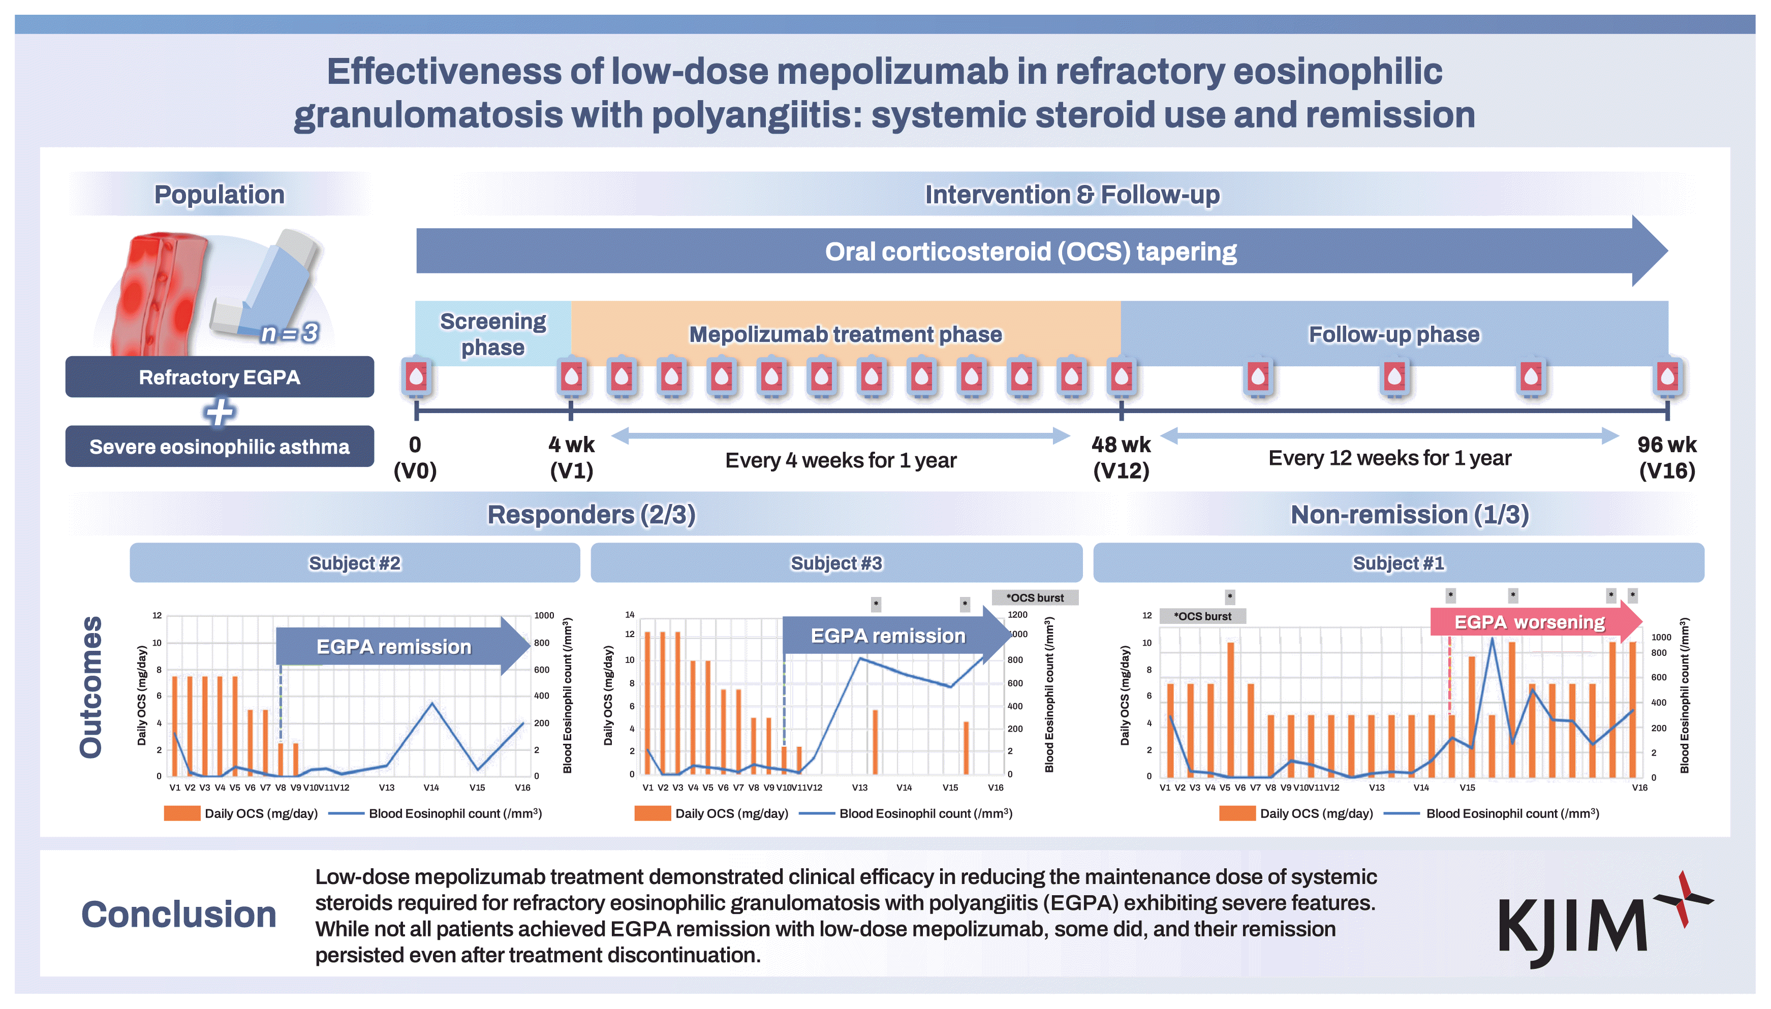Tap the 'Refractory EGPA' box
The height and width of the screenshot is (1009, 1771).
click(x=220, y=377)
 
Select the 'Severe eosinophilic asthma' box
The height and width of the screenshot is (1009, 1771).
click(x=220, y=446)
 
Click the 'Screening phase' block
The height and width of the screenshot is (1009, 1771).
click(x=493, y=333)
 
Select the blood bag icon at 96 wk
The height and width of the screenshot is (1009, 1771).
click(x=1668, y=377)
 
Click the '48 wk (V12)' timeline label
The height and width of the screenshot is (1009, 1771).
click(x=1121, y=457)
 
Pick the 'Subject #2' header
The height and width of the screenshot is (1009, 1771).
click(x=355, y=563)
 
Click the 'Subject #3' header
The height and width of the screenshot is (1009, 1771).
click(x=836, y=563)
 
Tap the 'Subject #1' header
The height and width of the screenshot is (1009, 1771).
click(x=1399, y=563)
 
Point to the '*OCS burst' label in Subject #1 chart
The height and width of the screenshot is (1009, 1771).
click(x=1203, y=616)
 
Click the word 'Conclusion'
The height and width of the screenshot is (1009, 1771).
click(x=179, y=914)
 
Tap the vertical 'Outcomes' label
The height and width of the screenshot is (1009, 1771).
click(x=91, y=687)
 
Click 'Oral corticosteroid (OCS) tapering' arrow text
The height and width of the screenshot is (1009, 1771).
click(x=1031, y=251)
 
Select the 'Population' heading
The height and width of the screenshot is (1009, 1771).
click(x=219, y=195)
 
